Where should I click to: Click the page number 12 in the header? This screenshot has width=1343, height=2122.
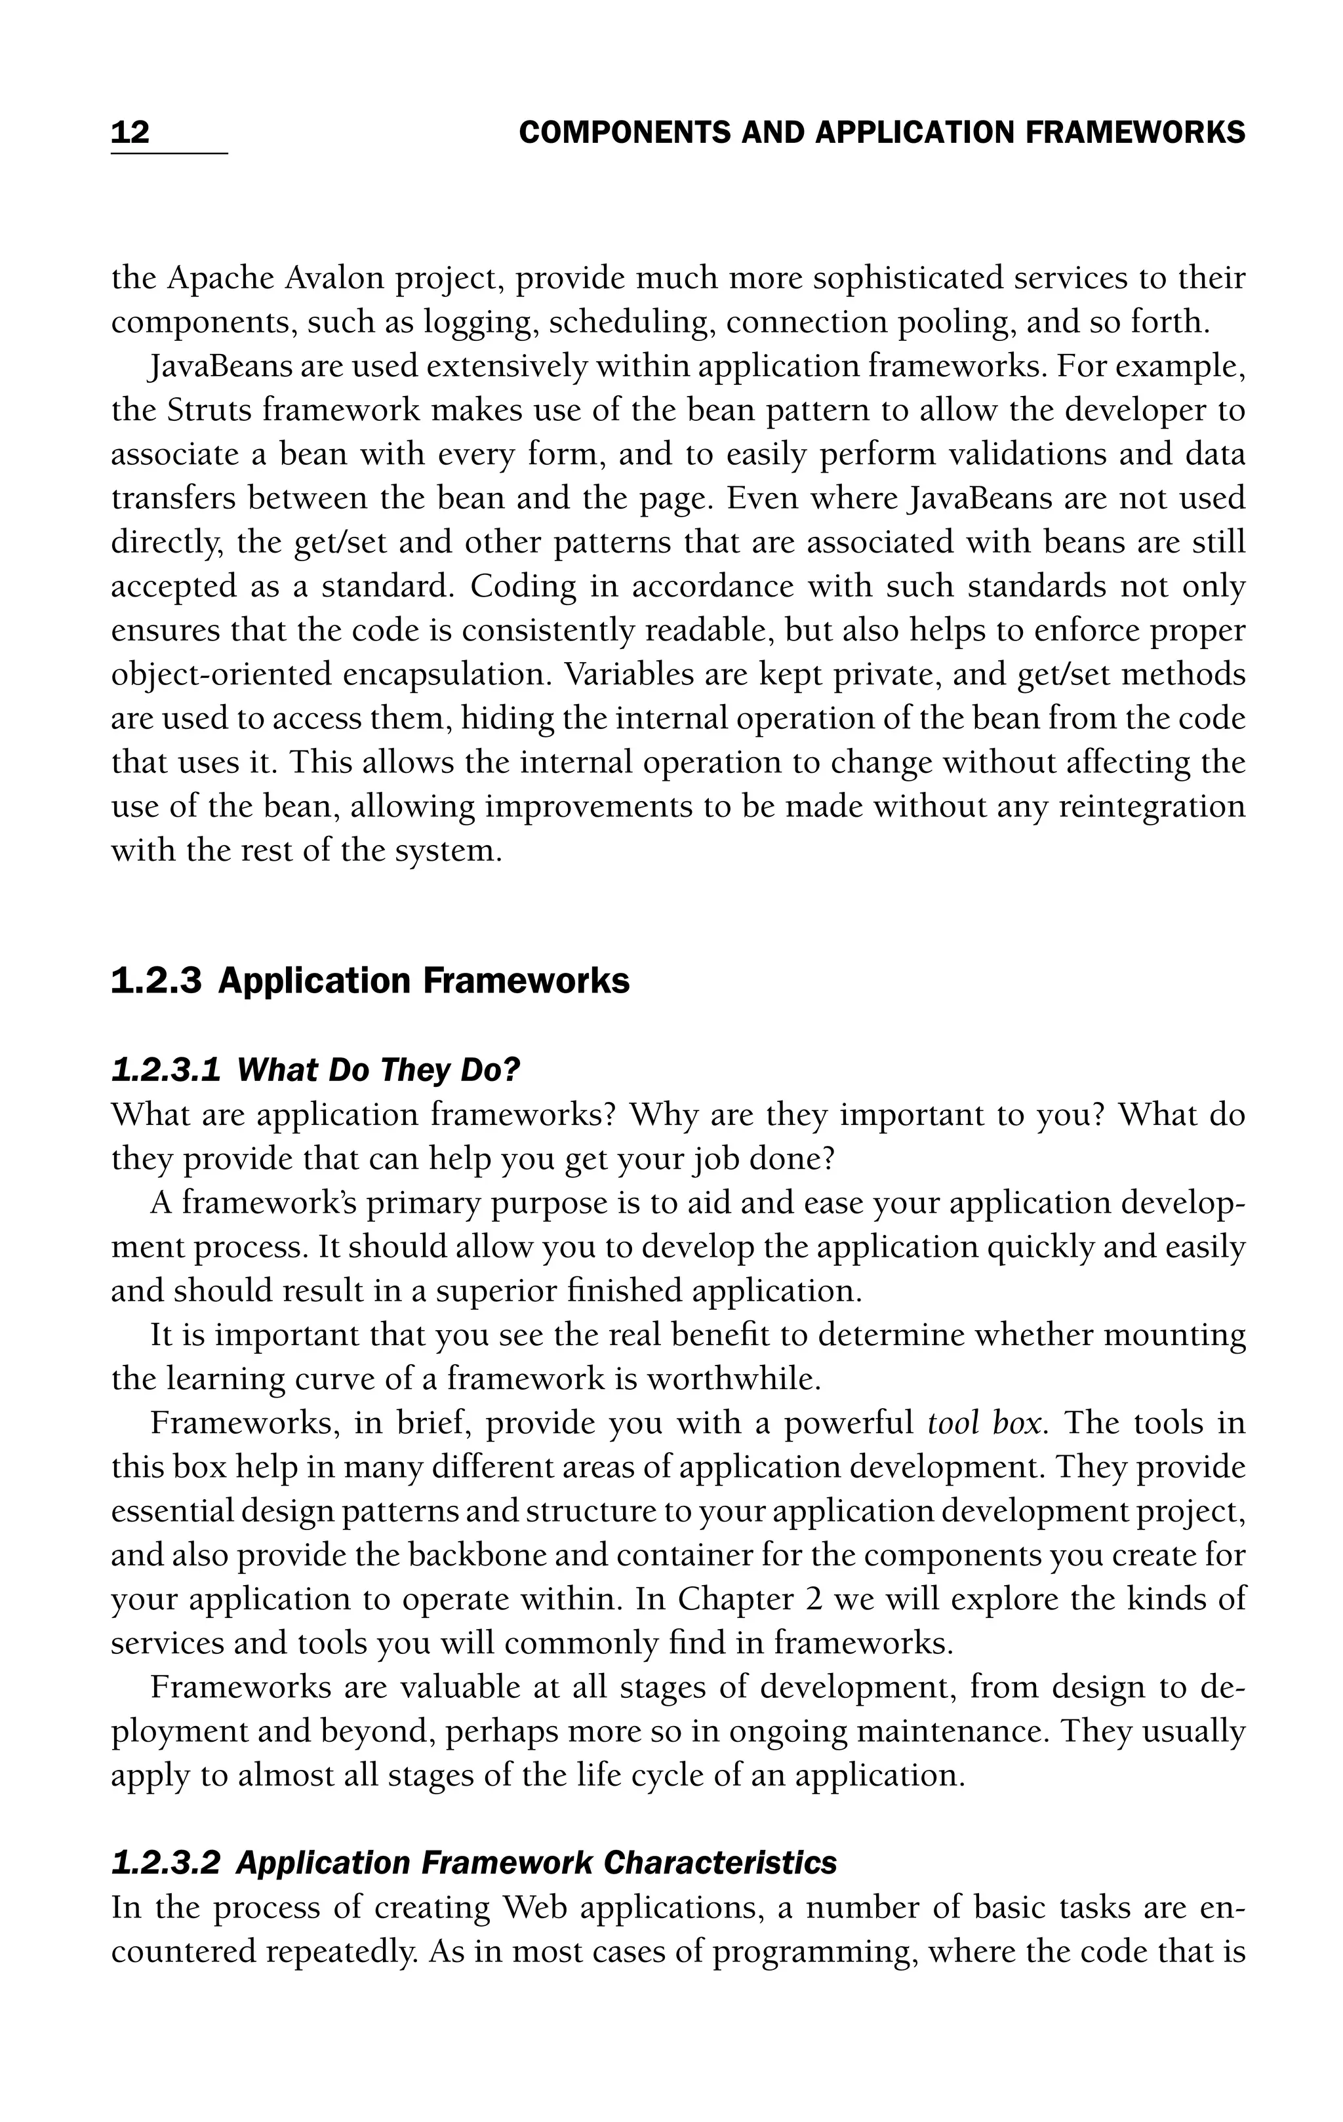click(x=130, y=133)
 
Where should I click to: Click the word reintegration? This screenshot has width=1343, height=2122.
click(x=1151, y=807)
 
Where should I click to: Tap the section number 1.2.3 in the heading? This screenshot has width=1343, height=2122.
click(x=156, y=981)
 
